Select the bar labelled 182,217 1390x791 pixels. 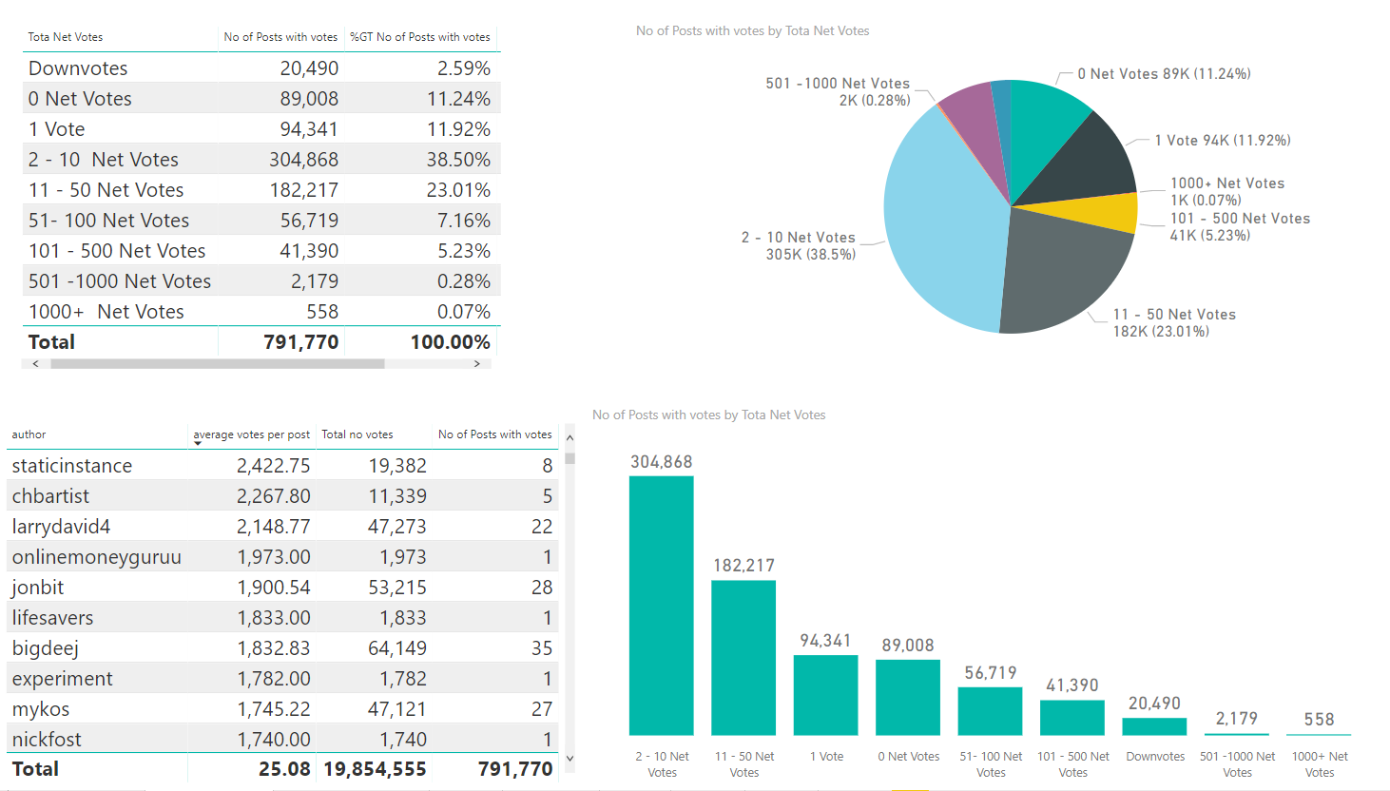click(743, 657)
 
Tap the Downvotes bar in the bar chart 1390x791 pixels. click(1154, 726)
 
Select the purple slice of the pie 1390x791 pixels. click(975, 124)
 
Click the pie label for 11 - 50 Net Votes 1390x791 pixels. click(1174, 322)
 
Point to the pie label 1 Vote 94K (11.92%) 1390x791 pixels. click(1222, 141)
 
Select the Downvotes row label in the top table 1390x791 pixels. click(78, 68)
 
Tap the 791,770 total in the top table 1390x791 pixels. click(300, 342)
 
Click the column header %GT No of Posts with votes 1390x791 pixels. click(420, 37)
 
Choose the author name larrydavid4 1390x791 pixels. click(61, 527)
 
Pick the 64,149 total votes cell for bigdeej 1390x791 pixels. click(397, 648)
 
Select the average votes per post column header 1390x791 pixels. click(252, 434)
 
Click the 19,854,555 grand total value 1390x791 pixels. click(375, 769)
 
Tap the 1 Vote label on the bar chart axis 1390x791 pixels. click(826, 757)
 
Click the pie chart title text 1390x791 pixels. click(752, 31)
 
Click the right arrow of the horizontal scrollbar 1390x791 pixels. click(476, 364)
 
